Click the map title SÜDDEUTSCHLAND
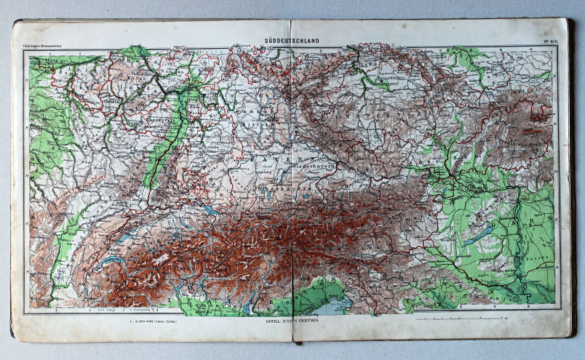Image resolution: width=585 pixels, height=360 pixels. [293, 41]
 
